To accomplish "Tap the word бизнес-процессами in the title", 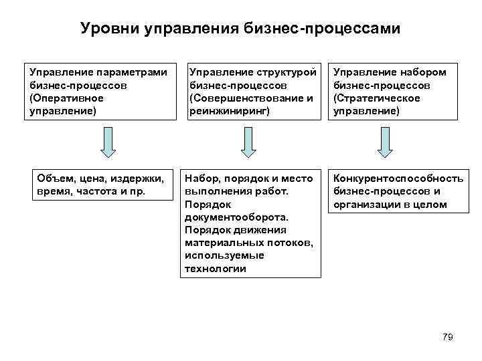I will [337, 29].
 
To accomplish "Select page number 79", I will [448, 337].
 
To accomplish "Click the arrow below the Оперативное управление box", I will [108, 141].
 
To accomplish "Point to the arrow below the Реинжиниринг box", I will [248, 142].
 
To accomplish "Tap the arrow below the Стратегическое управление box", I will [384, 142].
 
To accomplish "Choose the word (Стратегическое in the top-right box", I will [376, 98].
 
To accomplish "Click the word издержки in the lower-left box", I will [139, 178].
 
